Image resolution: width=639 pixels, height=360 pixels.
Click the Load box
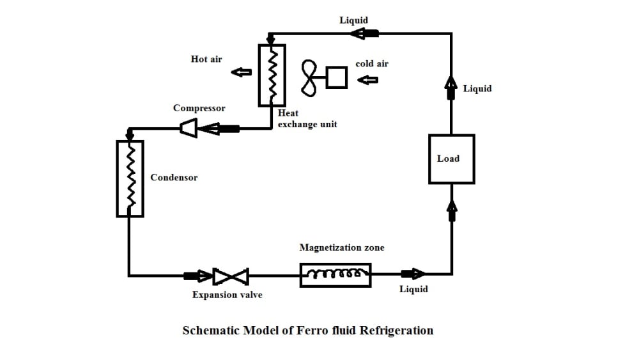(451, 159)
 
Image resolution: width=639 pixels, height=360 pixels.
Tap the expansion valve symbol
(231, 276)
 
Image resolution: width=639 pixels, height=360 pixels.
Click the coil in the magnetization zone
(336, 276)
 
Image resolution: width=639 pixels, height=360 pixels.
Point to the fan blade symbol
(310, 78)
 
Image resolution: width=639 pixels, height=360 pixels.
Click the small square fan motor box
(337, 78)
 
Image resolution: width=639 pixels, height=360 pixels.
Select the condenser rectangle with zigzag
(130, 178)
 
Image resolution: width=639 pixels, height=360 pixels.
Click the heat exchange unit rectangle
(272, 75)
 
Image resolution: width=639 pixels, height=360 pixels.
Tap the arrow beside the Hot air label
(241, 72)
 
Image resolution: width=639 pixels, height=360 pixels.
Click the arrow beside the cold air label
(369, 80)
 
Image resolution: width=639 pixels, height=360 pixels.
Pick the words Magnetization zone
(342, 247)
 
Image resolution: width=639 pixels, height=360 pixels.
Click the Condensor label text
(174, 177)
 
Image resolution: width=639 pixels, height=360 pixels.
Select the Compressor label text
(199, 108)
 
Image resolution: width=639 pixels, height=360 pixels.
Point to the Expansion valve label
(227, 295)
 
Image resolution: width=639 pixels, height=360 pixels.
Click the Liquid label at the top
(353, 20)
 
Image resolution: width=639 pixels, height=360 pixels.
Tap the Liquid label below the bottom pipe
(413, 289)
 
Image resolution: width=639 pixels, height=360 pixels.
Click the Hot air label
(206, 59)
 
